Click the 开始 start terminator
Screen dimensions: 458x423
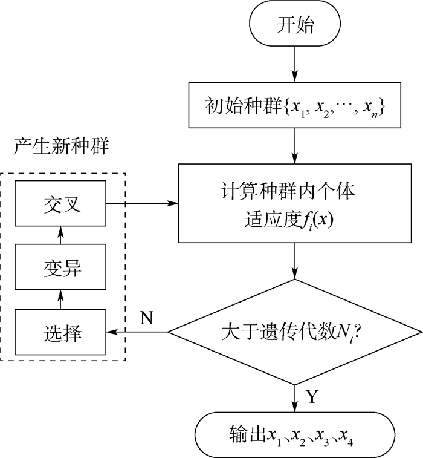point(295,27)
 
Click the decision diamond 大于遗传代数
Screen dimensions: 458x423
point(295,332)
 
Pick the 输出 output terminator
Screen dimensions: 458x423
point(295,434)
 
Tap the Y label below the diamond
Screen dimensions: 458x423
point(311,396)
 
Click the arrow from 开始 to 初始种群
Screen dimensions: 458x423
point(295,66)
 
